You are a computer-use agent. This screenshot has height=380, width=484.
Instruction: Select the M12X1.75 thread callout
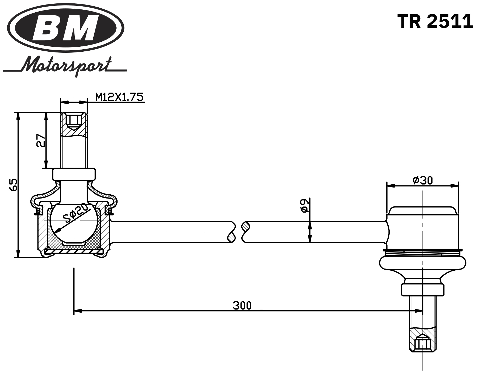[119, 97]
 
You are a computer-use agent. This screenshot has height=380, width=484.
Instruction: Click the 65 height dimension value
[14, 185]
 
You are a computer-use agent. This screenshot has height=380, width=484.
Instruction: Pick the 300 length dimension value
[242, 305]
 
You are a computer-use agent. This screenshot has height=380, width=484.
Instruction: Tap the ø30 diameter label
[422, 180]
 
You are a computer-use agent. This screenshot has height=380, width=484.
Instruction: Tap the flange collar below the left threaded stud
[74, 174]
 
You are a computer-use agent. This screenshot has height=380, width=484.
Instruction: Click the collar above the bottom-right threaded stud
[422, 290]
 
